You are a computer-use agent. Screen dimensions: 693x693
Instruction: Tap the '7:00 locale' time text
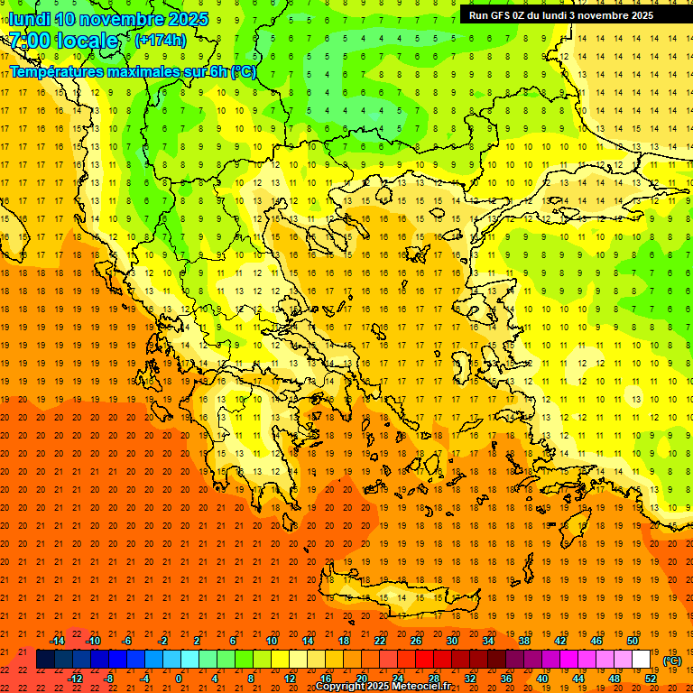[x=63, y=41]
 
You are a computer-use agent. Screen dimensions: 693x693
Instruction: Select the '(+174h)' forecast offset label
[x=160, y=41]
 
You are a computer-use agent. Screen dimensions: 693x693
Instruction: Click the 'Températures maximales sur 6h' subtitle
[x=132, y=71]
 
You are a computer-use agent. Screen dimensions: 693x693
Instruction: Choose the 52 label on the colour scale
[x=651, y=679]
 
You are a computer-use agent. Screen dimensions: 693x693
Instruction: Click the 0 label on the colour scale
[x=179, y=679]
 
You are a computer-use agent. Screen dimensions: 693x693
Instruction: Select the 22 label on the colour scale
[x=380, y=641]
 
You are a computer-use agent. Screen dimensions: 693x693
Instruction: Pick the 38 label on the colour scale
[x=524, y=641]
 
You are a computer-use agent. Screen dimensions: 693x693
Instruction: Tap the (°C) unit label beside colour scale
[x=672, y=661]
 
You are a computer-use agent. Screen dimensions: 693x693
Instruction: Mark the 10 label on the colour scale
[x=272, y=641]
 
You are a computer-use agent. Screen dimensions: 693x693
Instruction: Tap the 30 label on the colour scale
[x=452, y=641]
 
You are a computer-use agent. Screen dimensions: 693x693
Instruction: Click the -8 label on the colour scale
[x=109, y=679]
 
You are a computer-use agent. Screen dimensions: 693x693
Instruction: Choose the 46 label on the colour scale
[x=596, y=641]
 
